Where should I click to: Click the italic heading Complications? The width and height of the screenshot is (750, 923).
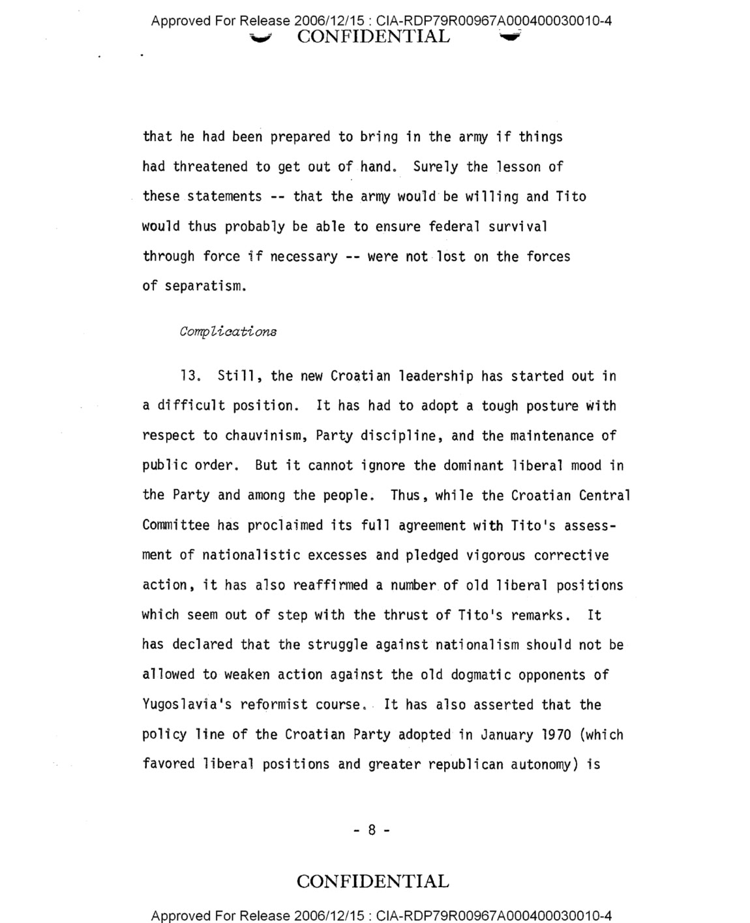228,332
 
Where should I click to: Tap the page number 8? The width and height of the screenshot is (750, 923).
372,830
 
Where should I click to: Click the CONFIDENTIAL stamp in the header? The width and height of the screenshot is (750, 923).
373,37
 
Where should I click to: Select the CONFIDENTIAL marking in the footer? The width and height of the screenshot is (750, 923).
372,881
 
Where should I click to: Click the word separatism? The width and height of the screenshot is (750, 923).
205,287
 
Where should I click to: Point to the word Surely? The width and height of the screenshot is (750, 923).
436,167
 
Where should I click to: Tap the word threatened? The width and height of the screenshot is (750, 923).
210,167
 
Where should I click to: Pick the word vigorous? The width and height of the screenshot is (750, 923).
496,555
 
